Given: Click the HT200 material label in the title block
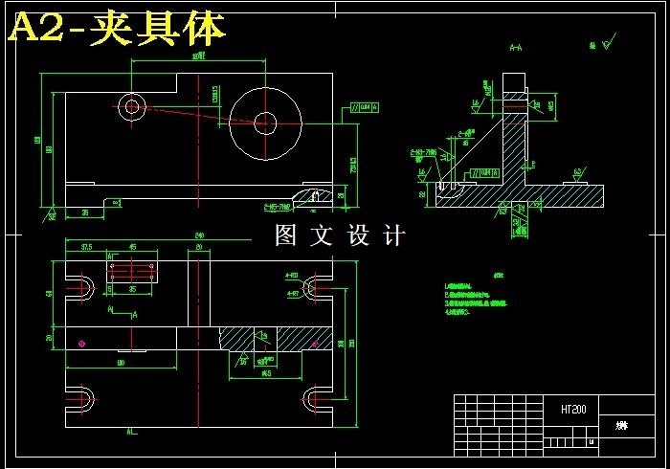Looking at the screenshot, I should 574,409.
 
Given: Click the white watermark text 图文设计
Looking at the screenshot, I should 340,234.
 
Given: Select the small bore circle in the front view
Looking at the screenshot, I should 131,104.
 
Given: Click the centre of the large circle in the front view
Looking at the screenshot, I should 265,122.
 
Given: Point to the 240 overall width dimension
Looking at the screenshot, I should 199,235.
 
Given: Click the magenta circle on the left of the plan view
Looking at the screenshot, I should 83,343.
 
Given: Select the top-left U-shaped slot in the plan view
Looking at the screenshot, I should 81,286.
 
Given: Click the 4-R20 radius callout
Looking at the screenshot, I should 293,276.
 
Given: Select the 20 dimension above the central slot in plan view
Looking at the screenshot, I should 199,248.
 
